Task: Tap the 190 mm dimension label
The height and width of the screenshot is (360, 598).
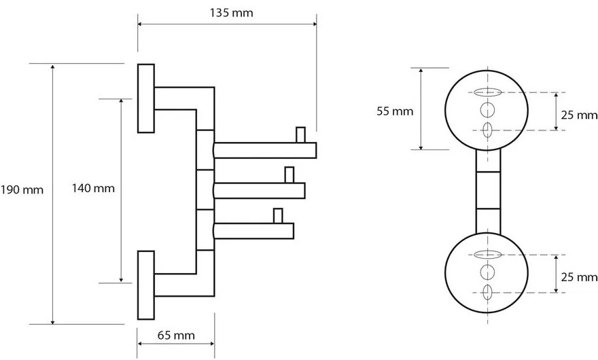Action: pos(22,190)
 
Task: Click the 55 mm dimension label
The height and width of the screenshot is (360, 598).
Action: pos(393,111)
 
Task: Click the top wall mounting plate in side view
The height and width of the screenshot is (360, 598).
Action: pos(146,98)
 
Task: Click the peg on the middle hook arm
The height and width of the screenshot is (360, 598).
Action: pos(289,175)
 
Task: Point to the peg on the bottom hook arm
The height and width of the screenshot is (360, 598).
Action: pos(277,216)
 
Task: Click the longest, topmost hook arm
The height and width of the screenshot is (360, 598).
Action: pos(265,150)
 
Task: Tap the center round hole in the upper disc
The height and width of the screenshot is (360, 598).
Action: pos(487,111)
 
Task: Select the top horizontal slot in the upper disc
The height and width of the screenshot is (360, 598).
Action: pos(487,92)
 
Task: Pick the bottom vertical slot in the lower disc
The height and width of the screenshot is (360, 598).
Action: pos(487,293)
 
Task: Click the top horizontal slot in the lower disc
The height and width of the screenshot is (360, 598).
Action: pos(487,254)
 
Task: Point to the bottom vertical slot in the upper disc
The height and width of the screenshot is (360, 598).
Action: pos(487,130)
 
